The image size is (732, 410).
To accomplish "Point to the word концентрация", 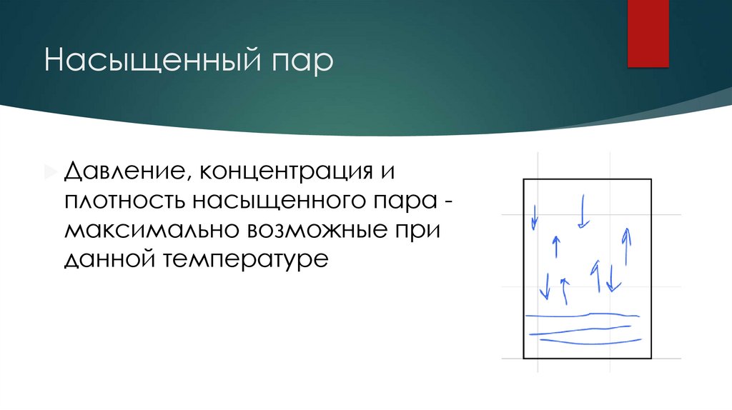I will click(x=282, y=171).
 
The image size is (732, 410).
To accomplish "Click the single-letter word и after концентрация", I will click(x=385, y=171).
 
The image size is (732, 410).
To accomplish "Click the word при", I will click(x=418, y=230).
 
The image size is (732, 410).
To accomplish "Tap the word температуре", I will click(x=244, y=259).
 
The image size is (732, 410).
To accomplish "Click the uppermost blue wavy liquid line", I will click(x=586, y=315).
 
